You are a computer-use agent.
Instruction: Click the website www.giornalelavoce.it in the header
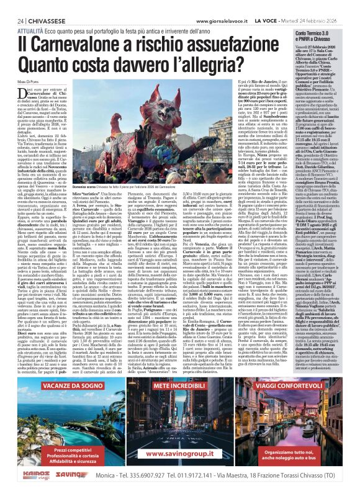[215, 21]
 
